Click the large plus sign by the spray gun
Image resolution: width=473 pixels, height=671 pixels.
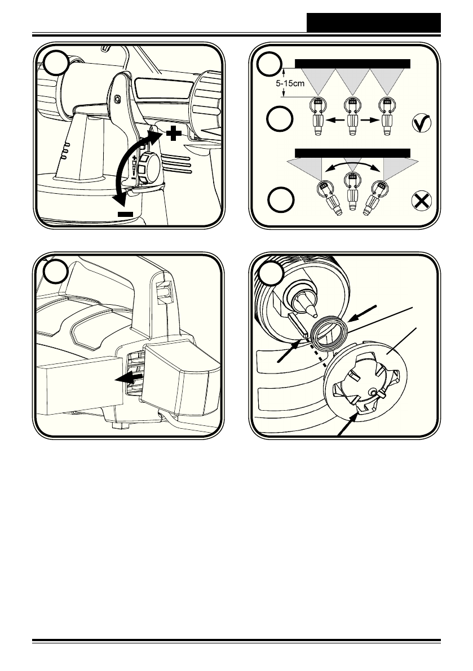(x=174, y=134)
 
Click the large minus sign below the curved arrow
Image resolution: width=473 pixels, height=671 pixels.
(x=125, y=214)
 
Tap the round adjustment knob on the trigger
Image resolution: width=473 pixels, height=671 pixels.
(x=148, y=167)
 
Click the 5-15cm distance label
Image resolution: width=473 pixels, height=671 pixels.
(x=290, y=83)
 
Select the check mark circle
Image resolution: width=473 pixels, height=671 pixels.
(x=422, y=123)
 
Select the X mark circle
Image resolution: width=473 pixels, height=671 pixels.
(x=422, y=201)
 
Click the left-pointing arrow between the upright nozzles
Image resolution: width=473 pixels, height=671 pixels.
(x=335, y=121)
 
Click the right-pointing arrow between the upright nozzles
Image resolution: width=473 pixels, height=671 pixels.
(x=370, y=121)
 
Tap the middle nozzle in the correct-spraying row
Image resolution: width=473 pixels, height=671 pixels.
(x=352, y=117)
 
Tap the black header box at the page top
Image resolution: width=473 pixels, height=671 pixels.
(x=374, y=23)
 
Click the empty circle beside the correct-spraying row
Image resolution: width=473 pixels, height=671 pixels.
(x=280, y=118)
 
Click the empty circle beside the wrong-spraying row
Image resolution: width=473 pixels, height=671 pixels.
(x=281, y=199)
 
